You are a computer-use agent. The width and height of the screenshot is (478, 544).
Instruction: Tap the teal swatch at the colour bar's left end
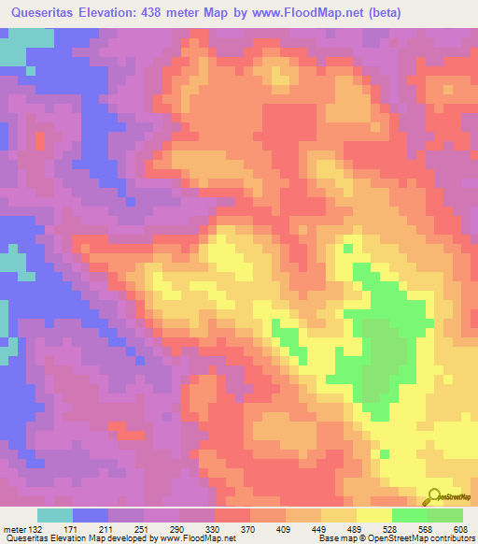[x=55, y=515]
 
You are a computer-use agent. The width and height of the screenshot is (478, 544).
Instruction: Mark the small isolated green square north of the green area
[x=348, y=249]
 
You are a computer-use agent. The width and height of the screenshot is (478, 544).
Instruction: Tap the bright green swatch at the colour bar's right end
[x=444, y=515]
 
